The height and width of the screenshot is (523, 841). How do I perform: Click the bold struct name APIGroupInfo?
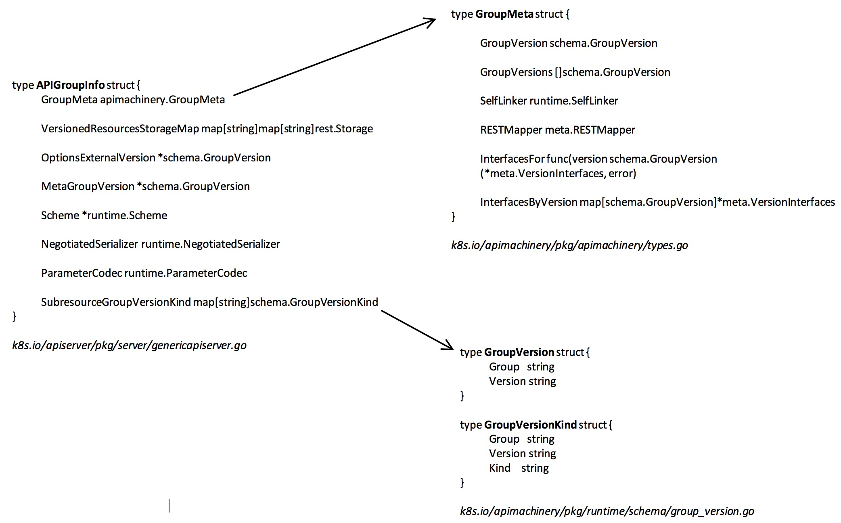tap(70, 85)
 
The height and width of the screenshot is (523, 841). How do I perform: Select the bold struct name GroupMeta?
tap(504, 14)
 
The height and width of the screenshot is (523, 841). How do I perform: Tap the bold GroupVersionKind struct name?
tap(530, 425)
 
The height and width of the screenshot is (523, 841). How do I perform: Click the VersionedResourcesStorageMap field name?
tap(120, 129)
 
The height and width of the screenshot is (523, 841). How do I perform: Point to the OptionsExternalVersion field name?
tap(98, 158)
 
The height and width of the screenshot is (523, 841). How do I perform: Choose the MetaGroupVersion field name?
tap(88, 186)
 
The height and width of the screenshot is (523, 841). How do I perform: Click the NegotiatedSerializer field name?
tap(90, 244)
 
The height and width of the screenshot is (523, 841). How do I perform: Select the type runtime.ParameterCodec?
tap(186, 273)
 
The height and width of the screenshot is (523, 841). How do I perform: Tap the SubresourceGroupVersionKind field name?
tap(116, 302)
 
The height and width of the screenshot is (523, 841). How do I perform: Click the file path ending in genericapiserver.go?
tap(129, 345)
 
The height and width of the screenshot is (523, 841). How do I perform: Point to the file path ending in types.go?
tap(569, 245)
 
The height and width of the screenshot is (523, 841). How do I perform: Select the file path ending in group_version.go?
tap(607, 511)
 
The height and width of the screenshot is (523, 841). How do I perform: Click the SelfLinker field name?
tap(503, 101)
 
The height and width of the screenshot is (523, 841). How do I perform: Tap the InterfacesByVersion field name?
tap(528, 202)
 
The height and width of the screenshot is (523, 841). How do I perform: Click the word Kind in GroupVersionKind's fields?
tap(500, 468)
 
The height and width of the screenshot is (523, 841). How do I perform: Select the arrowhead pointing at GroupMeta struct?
tap(430, 21)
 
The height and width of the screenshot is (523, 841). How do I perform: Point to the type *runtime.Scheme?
tap(124, 215)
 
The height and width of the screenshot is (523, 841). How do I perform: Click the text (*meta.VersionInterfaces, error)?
tap(558, 174)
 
